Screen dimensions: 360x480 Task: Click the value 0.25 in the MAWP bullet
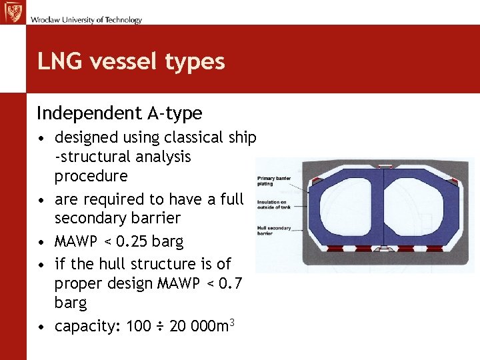point(129,240)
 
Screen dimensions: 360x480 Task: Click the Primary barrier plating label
point(273,181)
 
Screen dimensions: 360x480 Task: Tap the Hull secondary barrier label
point(273,231)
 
